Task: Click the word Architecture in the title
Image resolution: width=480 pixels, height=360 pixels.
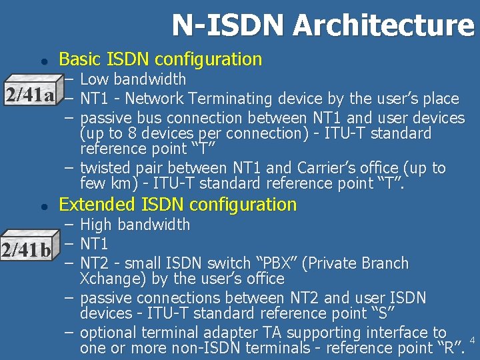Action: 383,25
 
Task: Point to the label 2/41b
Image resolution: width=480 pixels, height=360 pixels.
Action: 27,250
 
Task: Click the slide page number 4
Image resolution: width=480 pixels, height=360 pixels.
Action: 472,341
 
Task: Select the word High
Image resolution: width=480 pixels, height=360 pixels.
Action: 97,225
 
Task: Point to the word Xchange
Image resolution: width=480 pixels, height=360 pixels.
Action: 107,278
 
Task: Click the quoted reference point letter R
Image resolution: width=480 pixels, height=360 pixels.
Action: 448,347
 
